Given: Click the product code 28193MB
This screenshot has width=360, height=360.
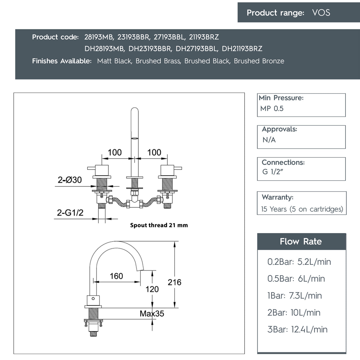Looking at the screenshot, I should click(99, 37).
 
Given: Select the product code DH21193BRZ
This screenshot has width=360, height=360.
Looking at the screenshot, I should click(242, 49).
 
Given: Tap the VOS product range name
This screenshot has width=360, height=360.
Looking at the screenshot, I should click(321, 13).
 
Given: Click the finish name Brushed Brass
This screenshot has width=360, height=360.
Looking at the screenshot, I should click(158, 61).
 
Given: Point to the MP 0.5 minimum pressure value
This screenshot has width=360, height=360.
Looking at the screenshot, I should click(272, 109).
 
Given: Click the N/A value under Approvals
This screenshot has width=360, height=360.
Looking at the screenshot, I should click(269, 140).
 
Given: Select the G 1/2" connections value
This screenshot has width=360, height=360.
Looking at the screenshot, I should click(272, 172).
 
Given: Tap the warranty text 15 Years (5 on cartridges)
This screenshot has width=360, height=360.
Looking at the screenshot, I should click(302, 209).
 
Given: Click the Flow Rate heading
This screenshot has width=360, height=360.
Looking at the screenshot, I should click(301, 241).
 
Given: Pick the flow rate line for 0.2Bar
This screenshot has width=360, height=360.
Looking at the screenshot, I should click(299, 262).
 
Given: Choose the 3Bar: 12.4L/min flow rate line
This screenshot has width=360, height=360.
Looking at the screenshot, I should click(297, 329).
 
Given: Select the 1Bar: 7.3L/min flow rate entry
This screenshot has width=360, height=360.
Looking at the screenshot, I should click(294, 296).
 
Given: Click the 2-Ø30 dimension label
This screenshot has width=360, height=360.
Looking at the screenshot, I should click(70, 180).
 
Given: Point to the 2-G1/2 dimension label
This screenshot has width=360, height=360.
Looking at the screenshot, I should click(70, 213).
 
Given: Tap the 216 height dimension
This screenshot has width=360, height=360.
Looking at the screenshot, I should click(174, 282).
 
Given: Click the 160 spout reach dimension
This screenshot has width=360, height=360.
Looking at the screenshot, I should click(116, 276).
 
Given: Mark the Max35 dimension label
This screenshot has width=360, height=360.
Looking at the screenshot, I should click(152, 313).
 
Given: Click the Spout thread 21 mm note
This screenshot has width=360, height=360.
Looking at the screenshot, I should click(159, 225).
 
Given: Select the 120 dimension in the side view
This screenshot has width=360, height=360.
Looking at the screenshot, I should click(152, 289).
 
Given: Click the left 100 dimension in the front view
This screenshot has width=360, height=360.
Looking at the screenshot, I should click(114, 152).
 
